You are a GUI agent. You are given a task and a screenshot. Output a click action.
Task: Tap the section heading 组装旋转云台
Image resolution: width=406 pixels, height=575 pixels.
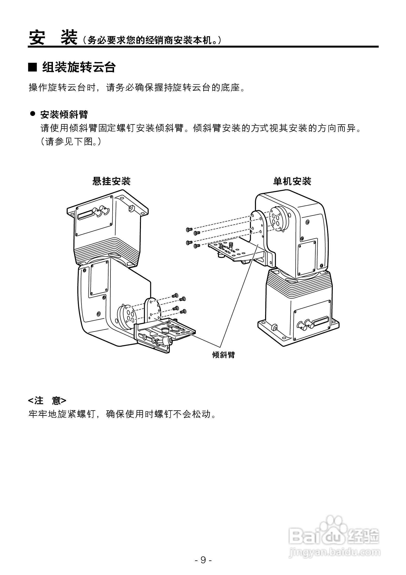(x=79, y=67)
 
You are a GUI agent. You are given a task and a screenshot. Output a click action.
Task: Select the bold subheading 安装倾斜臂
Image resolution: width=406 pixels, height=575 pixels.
(x=64, y=115)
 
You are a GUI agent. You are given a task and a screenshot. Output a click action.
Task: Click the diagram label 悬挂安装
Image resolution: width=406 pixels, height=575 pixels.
(x=111, y=181)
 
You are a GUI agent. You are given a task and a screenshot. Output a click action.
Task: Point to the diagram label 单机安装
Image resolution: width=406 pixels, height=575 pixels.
(x=292, y=181)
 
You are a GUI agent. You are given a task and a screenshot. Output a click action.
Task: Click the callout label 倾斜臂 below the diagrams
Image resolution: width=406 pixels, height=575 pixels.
(x=223, y=355)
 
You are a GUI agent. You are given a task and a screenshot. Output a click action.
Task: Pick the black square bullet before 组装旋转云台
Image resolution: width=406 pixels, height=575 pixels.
(x=32, y=67)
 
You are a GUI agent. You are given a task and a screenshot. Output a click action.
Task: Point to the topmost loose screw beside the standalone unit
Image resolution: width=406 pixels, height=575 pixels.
(x=189, y=229)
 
